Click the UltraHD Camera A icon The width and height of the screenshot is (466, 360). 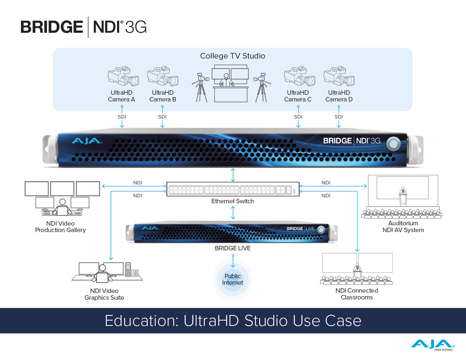123,76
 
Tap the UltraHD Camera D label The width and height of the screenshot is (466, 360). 339,96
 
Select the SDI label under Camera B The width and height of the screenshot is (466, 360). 162,117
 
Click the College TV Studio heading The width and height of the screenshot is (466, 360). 232,56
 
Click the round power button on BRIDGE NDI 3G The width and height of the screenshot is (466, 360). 393,144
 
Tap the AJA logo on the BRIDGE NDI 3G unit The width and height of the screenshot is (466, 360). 87,141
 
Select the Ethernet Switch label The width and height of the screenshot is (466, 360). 232,201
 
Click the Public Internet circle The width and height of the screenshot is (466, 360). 233,279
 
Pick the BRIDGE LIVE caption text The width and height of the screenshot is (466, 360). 232,248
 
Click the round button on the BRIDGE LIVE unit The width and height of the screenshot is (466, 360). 321,229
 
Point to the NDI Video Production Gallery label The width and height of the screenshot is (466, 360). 61,227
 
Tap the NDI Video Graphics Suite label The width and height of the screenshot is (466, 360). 104,294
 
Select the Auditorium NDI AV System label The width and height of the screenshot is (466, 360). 403,227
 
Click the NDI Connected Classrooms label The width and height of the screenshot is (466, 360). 357,294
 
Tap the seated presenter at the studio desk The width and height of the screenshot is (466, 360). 226,80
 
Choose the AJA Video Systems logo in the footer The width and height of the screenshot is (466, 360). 432,345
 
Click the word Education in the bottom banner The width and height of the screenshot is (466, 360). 141,321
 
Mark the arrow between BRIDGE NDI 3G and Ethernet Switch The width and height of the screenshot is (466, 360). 233,175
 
